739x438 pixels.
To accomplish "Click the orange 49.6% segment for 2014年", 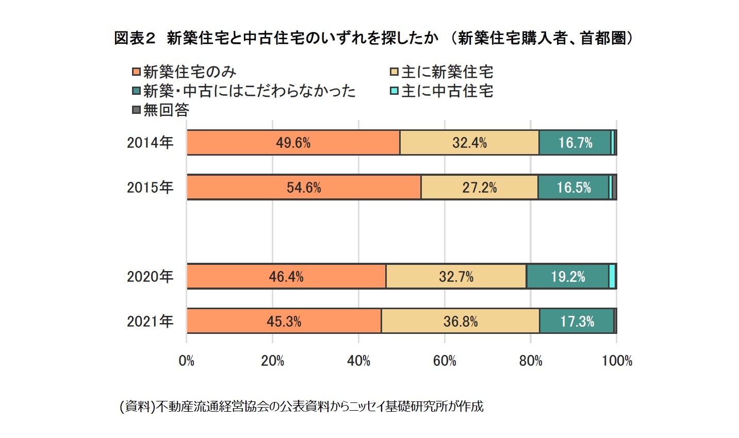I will point(293,143).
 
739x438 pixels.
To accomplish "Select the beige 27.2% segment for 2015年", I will point(479,187).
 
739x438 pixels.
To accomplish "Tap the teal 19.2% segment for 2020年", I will point(567,277).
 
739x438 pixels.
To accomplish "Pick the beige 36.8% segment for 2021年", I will point(460,322).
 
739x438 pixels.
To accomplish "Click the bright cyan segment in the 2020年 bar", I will point(612,277).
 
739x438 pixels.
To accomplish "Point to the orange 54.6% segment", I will point(303,187).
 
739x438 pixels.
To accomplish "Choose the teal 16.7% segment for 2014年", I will point(575,143).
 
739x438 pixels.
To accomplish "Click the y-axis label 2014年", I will point(150,143).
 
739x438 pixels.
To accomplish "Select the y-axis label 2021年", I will point(150,322).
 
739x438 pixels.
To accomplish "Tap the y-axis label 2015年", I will point(150,187).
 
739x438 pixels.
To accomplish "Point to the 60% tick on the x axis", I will point(445,361).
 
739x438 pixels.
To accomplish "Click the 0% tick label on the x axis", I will point(186,361).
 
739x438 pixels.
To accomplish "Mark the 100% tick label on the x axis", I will point(617,361).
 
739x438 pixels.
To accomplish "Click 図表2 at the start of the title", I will point(134,38).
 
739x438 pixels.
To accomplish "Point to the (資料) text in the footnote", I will point(137,407).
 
